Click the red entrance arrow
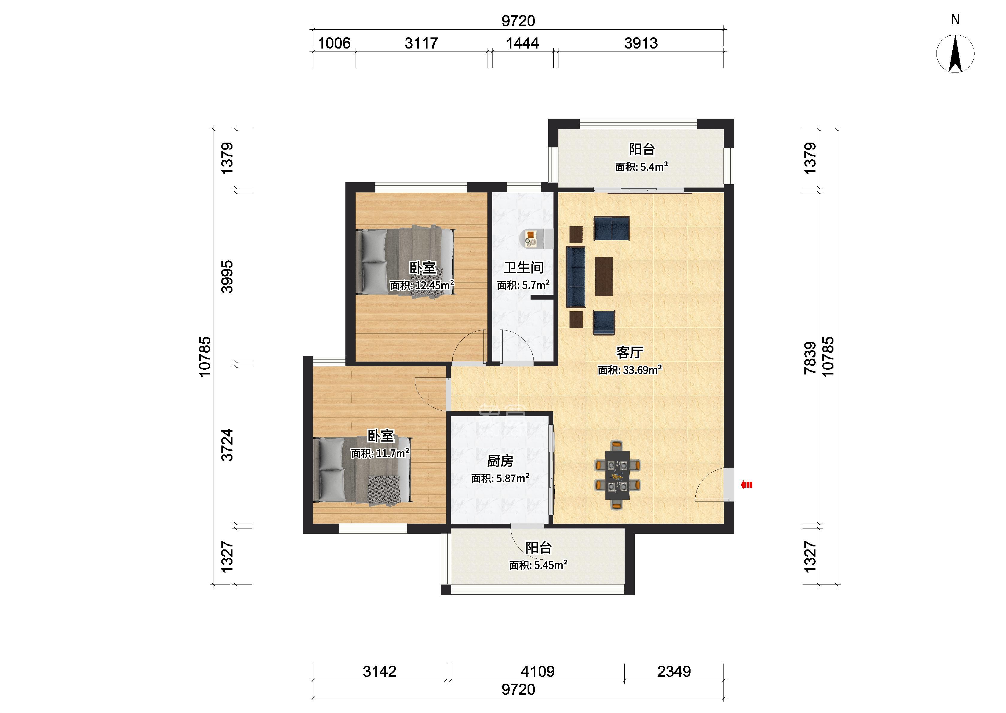point(747,485)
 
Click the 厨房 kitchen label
point(500,461)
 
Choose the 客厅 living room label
point(630,352)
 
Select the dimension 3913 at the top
point(641,43)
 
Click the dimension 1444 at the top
point(522,43)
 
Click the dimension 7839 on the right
point(810,358)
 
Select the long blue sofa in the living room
point(575,277)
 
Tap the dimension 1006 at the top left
point(334,43)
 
